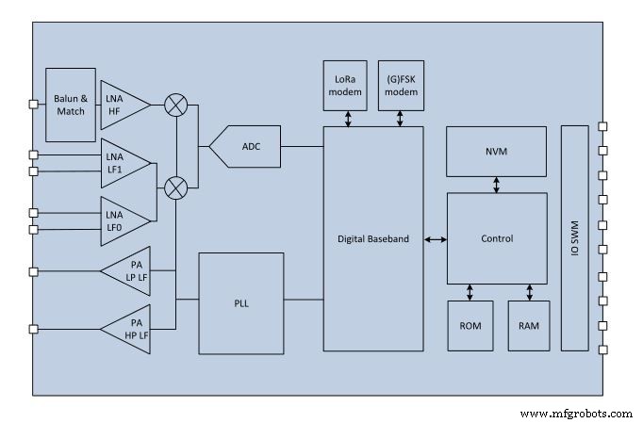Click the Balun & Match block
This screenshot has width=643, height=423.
70,105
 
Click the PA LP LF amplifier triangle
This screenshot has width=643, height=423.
128,271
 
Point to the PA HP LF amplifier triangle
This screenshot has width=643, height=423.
128,329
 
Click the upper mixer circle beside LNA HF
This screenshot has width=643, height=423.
174,105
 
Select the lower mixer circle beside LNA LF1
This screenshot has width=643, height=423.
174,187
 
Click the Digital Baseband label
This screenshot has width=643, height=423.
373,239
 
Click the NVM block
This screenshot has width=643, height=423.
496,151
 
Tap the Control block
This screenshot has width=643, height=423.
496,237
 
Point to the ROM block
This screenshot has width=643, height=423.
470,325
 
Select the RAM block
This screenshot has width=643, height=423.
528,325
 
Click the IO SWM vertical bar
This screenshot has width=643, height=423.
573,237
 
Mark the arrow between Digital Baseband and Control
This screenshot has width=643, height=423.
435,239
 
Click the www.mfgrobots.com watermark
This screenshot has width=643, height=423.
576,413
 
